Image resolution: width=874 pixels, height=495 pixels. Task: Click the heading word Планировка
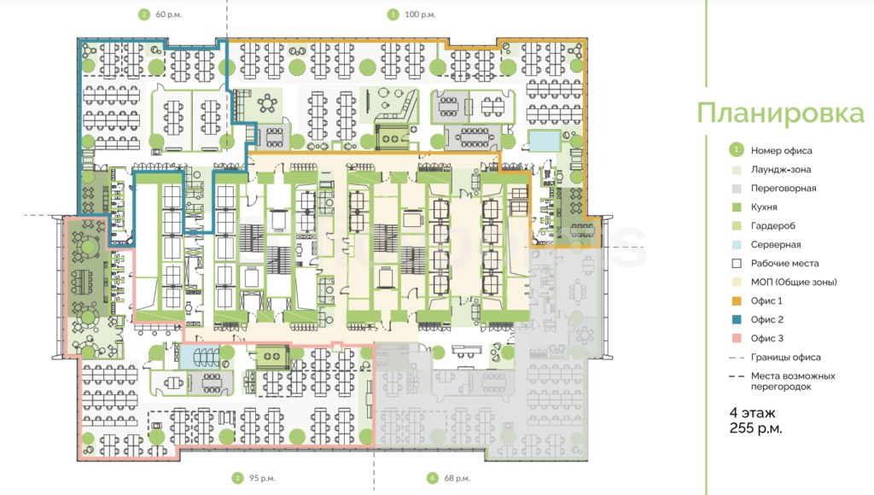point(780,114)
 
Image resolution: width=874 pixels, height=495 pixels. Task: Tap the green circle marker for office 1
point(393,15)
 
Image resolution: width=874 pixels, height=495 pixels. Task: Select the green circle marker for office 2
point(143,15)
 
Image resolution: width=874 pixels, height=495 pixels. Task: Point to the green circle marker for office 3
point(237,478)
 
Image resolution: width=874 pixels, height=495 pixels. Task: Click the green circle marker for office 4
point(432,478)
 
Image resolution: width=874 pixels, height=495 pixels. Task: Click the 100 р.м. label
point(420,15)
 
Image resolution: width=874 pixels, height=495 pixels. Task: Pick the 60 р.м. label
point(168,15)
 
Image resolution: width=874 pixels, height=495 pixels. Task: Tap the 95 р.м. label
point(262,478)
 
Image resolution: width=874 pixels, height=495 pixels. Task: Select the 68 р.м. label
point(457,478)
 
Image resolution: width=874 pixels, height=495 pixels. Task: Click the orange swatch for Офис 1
point(737,301)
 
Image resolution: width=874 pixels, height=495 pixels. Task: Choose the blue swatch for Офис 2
point(737,319)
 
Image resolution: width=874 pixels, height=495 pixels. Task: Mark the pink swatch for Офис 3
point(737,338)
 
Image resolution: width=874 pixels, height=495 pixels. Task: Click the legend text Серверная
point(775,245)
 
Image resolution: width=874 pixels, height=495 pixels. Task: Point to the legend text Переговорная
point(784,189)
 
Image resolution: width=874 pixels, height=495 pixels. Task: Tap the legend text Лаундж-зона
point(781,170)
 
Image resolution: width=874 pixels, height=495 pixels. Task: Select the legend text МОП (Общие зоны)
point(794,282)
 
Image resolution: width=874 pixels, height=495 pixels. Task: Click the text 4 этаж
point(752,413)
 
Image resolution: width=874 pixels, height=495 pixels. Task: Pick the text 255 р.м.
point(755,428)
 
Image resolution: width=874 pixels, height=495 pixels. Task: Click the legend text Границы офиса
point(785,358)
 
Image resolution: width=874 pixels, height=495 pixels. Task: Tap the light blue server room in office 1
point(544,141)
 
